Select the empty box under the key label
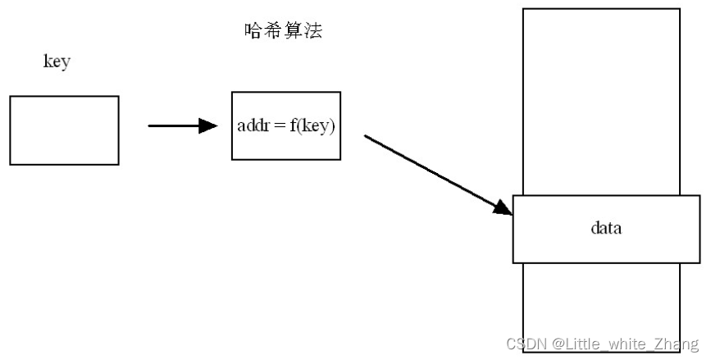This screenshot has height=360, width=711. click(x=64, y=130)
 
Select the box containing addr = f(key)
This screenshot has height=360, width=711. click(x=285, y=125)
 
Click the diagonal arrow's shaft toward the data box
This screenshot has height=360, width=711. click(x=426, y=170)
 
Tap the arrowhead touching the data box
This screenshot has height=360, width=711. click(x=502, y=208)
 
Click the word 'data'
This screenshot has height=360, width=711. click(x=606, y=228)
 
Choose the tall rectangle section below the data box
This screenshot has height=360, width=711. click(x=600, y=308)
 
